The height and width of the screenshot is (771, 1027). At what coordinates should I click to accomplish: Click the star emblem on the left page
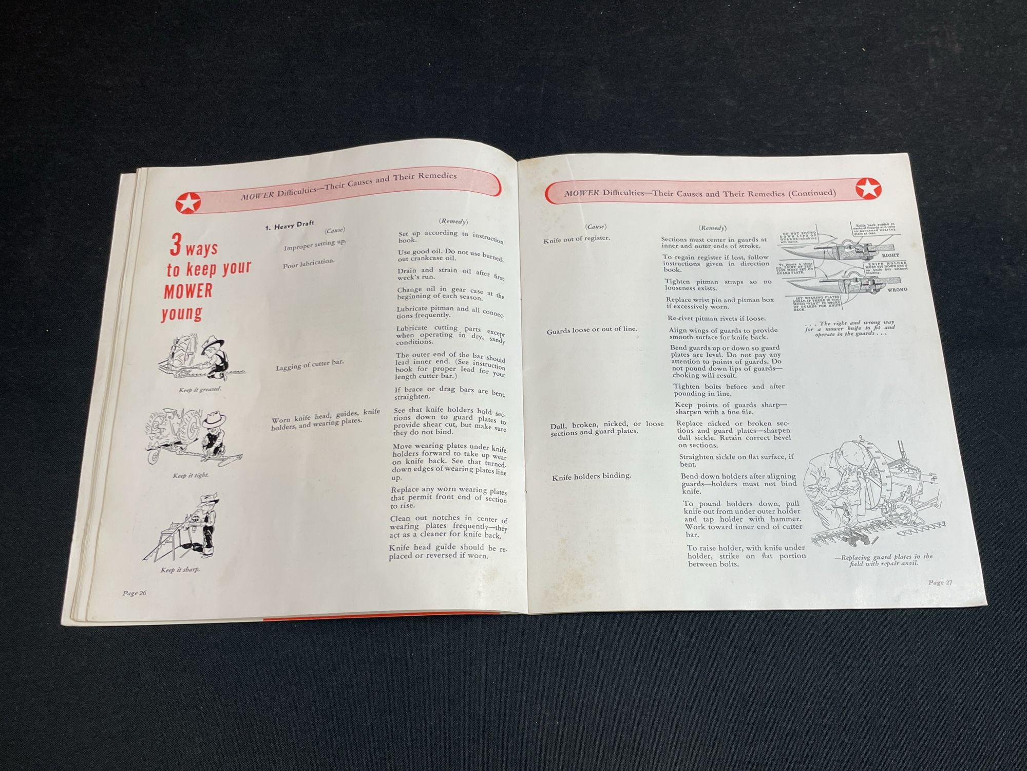coord(188,204)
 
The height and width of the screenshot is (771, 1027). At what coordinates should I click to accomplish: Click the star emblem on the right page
coord(868,189)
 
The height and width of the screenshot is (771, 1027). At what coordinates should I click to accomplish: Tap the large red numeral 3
coord(176,246)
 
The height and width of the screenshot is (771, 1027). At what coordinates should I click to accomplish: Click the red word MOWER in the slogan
coord(188,291)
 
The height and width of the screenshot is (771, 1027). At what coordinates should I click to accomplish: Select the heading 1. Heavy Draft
coord(290,225)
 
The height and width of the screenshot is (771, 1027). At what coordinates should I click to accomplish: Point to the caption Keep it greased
coord(200,390)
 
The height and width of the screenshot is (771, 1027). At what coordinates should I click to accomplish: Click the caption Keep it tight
coord(191,475)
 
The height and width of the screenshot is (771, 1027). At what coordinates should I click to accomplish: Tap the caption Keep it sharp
coord(180,570)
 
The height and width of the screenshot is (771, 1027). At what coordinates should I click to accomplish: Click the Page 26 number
coord(135,593)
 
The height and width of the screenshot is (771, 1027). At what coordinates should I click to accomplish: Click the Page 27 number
coord(940,582)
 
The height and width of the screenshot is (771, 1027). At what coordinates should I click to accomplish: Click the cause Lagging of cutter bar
coord(310,364)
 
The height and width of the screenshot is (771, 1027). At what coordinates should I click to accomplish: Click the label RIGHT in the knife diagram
coord(890,255)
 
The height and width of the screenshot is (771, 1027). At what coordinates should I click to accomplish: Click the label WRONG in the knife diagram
coord(897,289)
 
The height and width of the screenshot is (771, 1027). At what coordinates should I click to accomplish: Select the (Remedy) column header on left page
coord(453,221)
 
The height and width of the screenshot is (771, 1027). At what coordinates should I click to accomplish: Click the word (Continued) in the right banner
coord(812,193)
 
